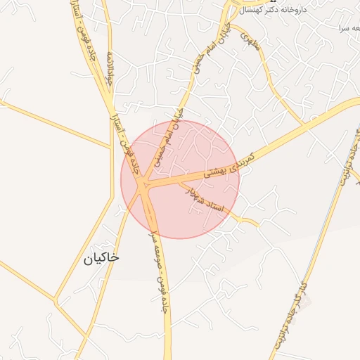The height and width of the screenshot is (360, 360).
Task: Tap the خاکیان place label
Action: coord(101,258)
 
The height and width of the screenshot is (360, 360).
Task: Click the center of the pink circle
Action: coord(180,179)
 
